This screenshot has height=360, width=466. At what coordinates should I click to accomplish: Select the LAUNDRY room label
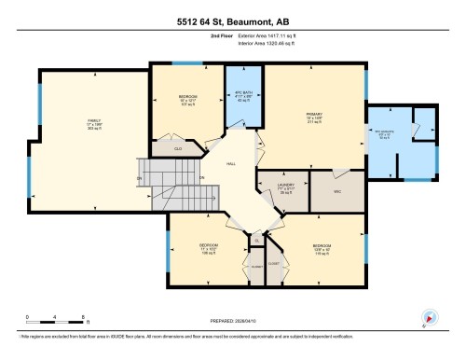coord(286,186)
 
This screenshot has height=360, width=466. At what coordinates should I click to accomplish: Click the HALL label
coord(231,164)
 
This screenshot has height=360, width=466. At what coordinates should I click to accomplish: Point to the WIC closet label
coord(339,190)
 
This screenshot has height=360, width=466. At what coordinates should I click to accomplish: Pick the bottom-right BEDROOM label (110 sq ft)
coord(322,246)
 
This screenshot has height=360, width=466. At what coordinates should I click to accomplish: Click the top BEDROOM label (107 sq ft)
coord(187,98)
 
